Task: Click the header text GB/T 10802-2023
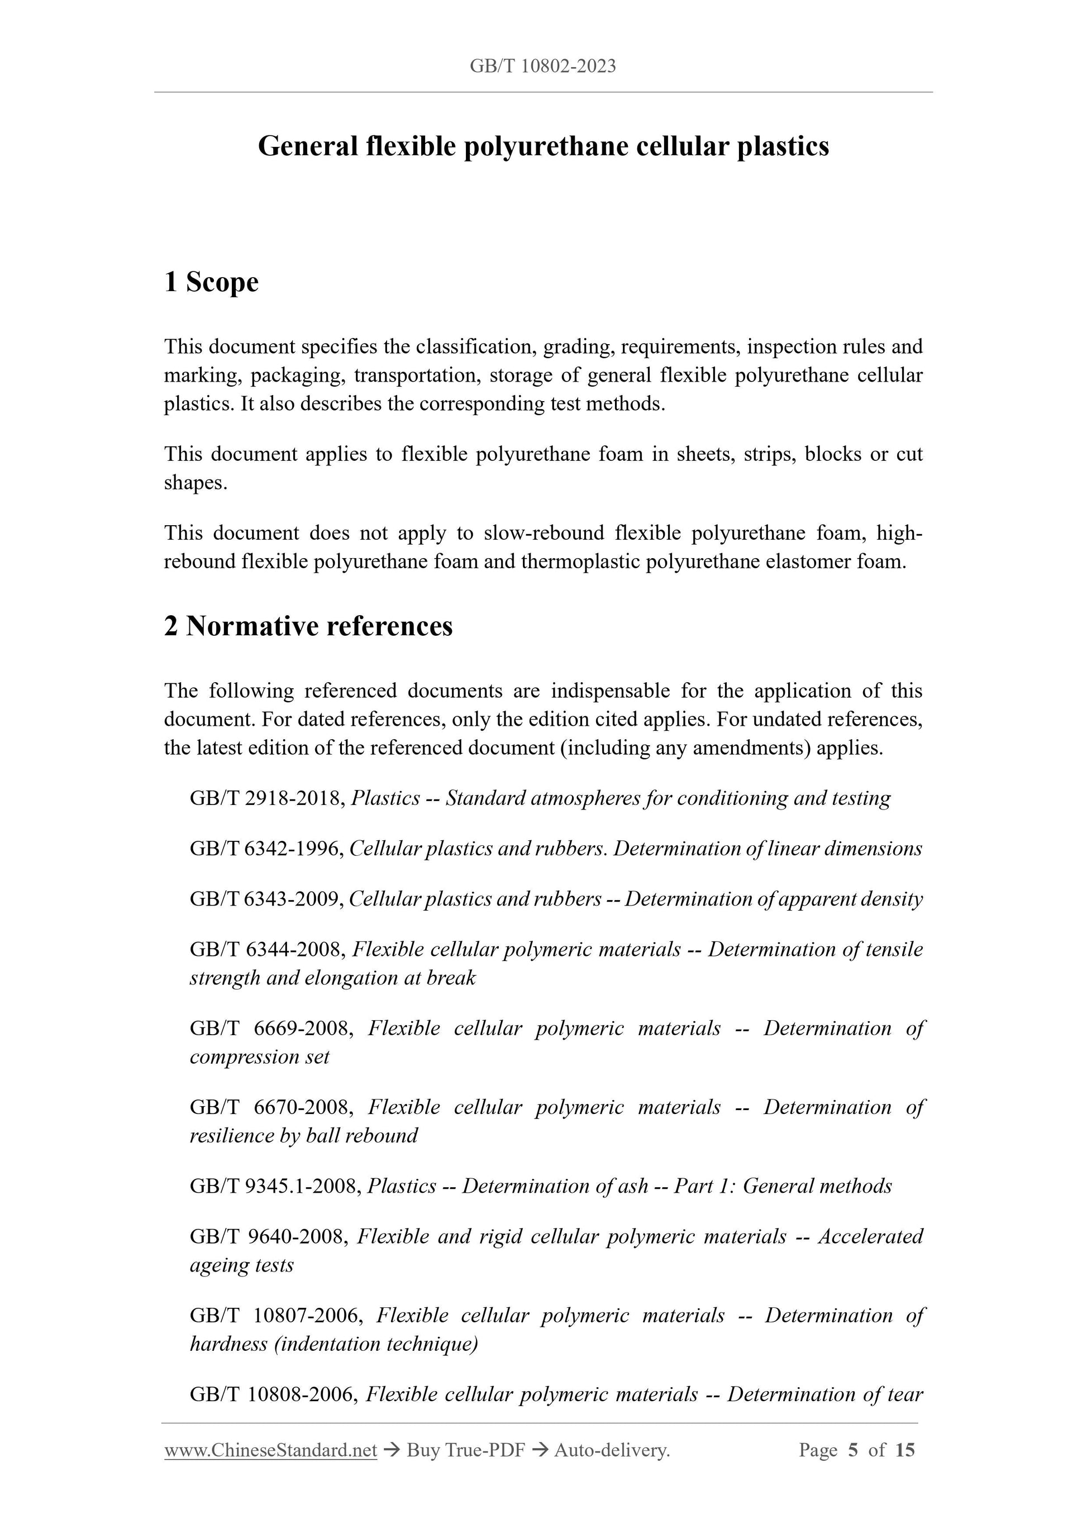click(542, 66)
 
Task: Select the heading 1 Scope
click(211, 282)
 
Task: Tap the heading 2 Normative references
click(308, 626)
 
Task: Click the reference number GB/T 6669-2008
click(271, 1028)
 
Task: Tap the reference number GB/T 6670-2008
click(271, 1107)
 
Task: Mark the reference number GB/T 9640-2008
click(269, 1236)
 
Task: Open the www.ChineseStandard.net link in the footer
click(270, 1450)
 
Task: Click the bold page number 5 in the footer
click(852, 1450)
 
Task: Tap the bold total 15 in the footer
click(904, 1450)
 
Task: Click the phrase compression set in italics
click(259, 1057)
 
